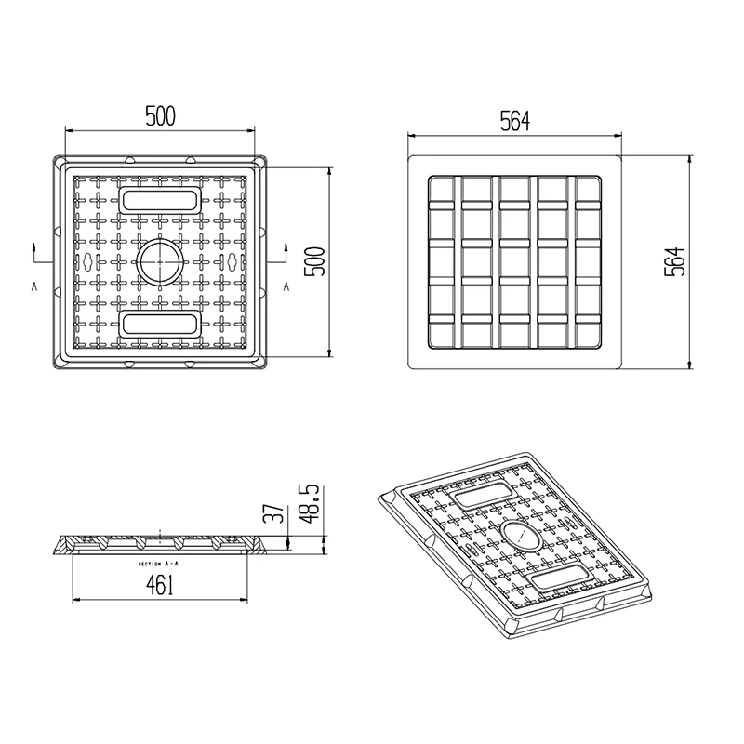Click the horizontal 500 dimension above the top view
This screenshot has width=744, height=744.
tap(160, 116)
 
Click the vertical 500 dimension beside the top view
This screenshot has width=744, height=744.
tap(314, 261)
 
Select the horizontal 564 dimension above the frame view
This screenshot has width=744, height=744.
tap(515, 122)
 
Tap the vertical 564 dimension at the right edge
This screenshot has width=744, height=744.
tap(675, 261)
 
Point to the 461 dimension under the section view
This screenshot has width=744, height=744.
tap(160, 585)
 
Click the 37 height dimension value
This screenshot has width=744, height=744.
tap(273, 513)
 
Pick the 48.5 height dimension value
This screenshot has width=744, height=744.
tap(310, 504)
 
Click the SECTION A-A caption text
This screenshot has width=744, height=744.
tap(158, 564)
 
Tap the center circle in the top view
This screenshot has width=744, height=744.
tap(159, 261)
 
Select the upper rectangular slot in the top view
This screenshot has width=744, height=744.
tap(159, 200)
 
